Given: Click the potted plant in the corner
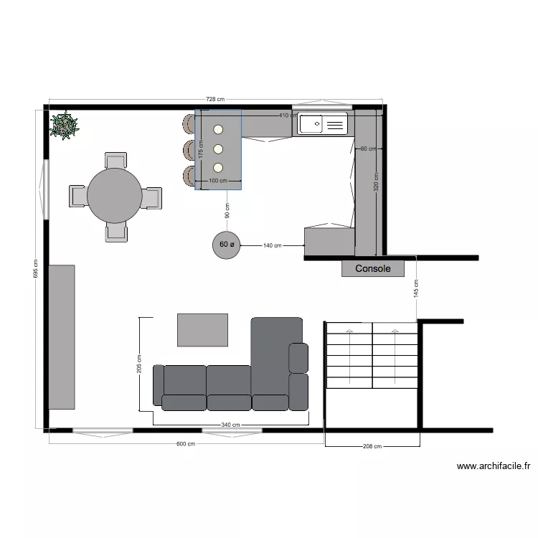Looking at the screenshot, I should click(65, 126).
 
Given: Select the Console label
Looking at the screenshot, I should click(373, 268).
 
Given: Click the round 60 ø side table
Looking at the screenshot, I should click(225, 245).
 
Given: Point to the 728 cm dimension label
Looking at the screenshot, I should click(215, 100).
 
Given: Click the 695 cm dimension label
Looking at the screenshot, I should click(35, 269).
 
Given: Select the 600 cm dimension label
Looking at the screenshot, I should click(186, 444).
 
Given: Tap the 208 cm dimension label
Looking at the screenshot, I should click(372, 446).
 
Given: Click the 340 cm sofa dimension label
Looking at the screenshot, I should click(230, 425).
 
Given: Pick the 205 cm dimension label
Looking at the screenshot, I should click(139, 365).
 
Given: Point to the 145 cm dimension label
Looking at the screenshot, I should click(417, 288).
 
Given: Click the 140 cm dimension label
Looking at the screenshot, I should click(273, 245).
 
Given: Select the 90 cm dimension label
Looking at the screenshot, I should click(227, 211).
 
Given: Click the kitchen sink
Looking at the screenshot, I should click(323, 125).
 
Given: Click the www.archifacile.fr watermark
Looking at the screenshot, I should click(494, 466).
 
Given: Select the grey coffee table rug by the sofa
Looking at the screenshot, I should click(202, 329).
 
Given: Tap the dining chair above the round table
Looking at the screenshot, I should click(115, 161).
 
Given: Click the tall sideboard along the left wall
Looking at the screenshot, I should click(62, 336).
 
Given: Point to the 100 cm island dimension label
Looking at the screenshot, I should click(217, 181).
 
